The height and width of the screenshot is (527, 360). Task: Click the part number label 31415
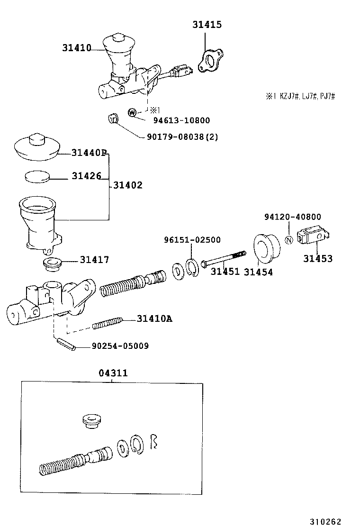[207, 25]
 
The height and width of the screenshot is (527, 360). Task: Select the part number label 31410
[76, 47]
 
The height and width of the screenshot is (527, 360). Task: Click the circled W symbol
[132, 112]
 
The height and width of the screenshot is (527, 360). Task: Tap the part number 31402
[128, 185]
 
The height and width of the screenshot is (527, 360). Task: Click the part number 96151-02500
[192, 240]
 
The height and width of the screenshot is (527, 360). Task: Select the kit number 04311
[113, 373]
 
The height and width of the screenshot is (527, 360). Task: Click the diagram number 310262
[325, 521]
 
